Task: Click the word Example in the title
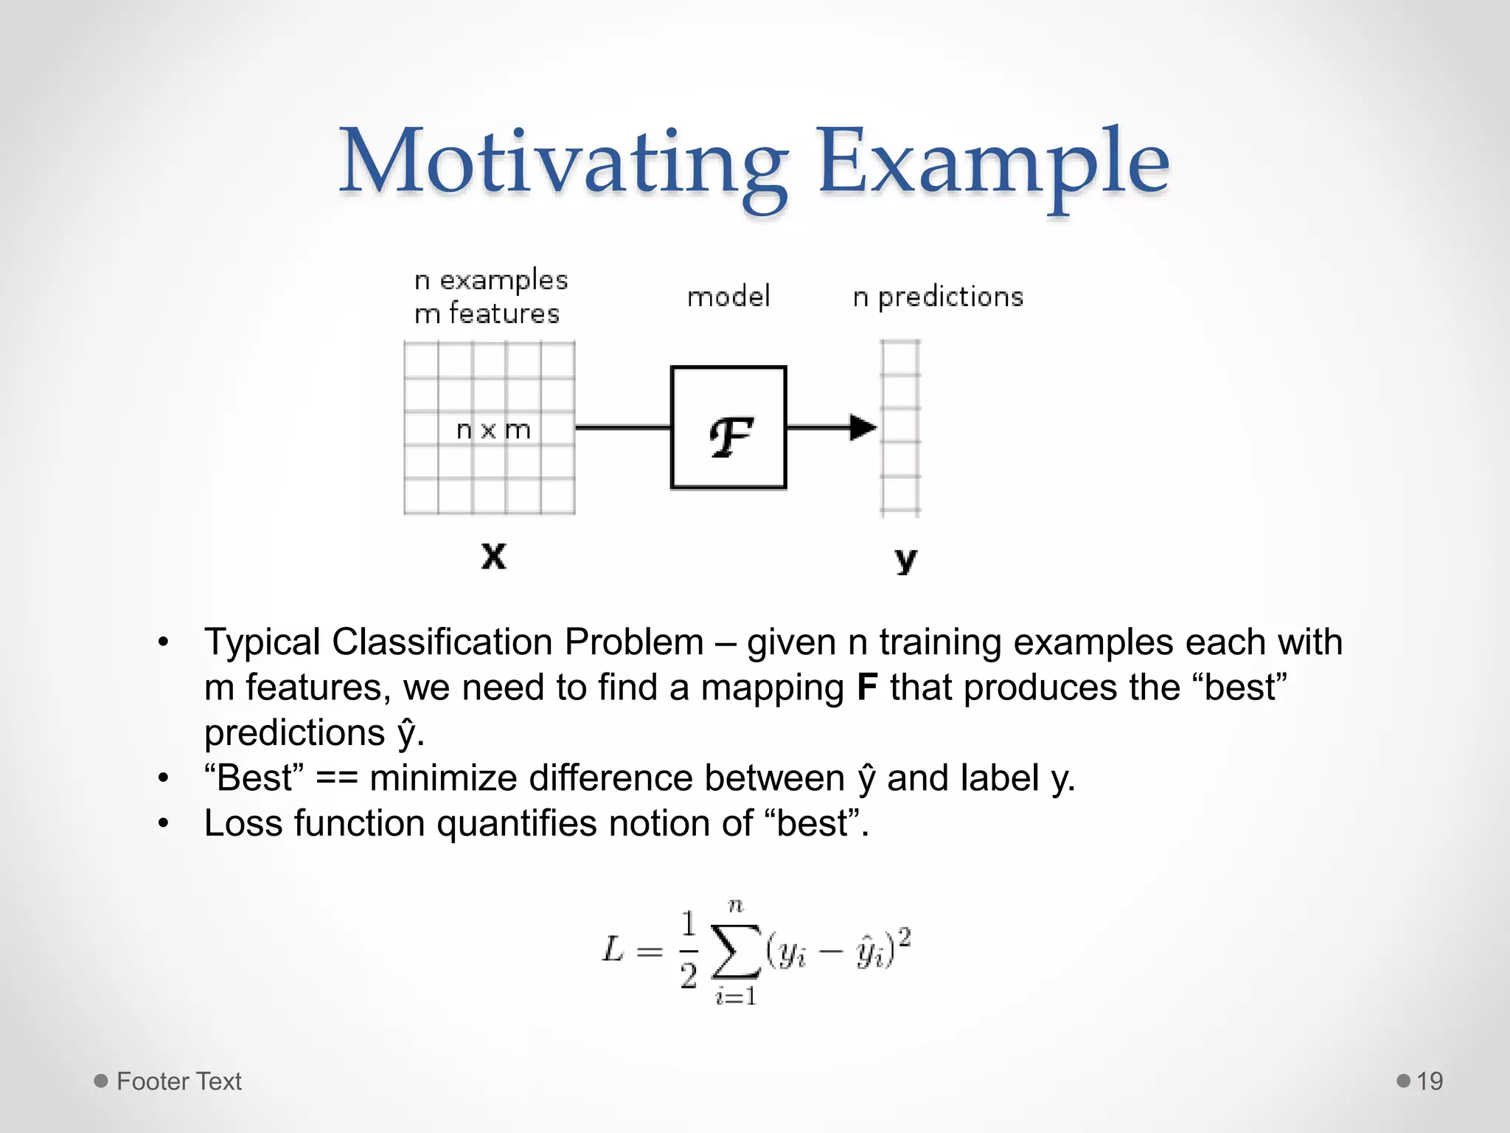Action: (992, 162)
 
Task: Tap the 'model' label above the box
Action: (728, 297)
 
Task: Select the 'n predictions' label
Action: (938, 297)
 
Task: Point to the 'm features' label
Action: (487, 314)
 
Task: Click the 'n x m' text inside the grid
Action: (493, 429)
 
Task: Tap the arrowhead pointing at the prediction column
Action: (863, 427)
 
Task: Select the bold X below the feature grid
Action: (493, 555)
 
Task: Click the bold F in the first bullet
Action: (867, 687)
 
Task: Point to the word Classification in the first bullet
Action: (442, 642)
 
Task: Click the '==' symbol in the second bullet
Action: (336, 779)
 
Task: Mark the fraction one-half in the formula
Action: (689, 950)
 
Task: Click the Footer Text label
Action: (178, 1081)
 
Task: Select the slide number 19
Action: (1430, 1081)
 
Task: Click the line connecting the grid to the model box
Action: (622, 427)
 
